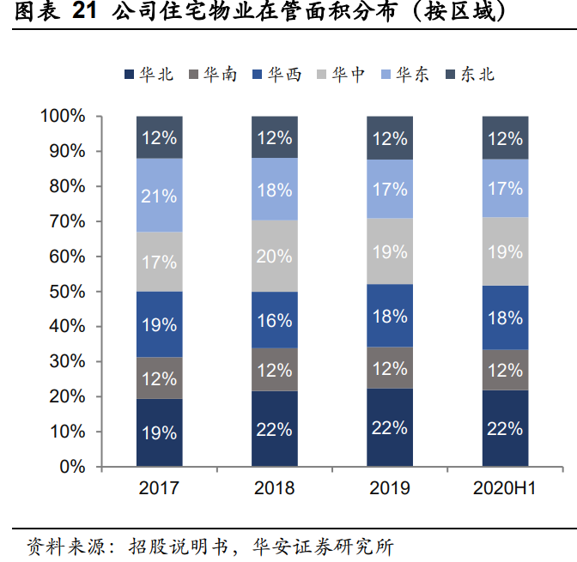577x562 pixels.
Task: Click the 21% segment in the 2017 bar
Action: coord(159,196)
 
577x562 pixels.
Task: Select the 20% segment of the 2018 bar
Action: coord(275,256)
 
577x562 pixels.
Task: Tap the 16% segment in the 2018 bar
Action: coord(275,319)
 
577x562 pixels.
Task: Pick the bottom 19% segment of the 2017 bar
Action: coord(159,432)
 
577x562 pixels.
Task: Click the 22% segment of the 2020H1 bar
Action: coord(505,428)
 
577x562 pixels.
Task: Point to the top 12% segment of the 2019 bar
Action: coord(390,138)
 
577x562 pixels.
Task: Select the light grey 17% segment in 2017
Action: coord(159,262)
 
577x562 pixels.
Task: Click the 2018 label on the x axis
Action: coord(275,488)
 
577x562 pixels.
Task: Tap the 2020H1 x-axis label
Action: coord(505,488)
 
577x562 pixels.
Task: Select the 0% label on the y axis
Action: coord(72,467)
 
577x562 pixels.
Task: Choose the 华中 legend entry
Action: coord(340,75)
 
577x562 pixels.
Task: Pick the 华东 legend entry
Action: coord(404,75)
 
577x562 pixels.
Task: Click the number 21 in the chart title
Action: coord(83,12)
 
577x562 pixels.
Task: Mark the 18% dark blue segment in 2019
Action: coord(390,316)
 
